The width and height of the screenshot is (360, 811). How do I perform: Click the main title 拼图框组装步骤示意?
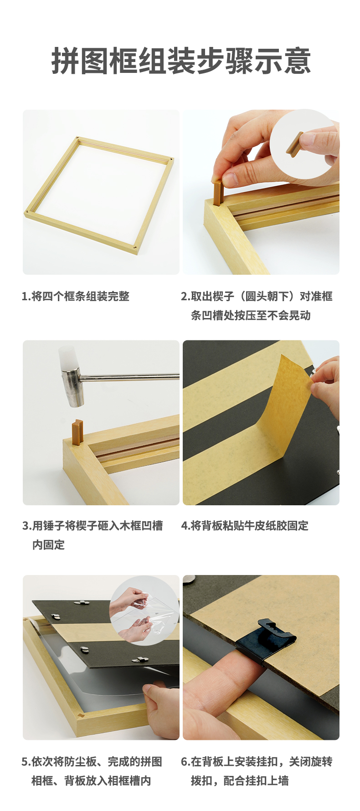[181, 61]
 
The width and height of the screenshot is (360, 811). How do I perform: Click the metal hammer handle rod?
[129, 377]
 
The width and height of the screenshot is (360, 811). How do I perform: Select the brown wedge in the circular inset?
[294, 143]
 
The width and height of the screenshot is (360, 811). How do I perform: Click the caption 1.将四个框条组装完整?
[76, 296]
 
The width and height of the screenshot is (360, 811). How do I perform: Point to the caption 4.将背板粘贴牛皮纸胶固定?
[245, 526]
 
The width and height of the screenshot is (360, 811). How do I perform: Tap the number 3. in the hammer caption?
[27, 526]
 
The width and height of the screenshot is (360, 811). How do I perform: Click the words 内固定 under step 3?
[48, 545]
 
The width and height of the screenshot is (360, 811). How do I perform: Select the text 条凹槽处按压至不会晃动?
[251, 315]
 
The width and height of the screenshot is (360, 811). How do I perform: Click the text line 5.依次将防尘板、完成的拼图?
[92, 762]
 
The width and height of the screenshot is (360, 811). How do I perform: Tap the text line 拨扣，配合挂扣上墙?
[240, 781]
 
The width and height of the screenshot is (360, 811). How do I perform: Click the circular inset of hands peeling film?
[144, 610]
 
